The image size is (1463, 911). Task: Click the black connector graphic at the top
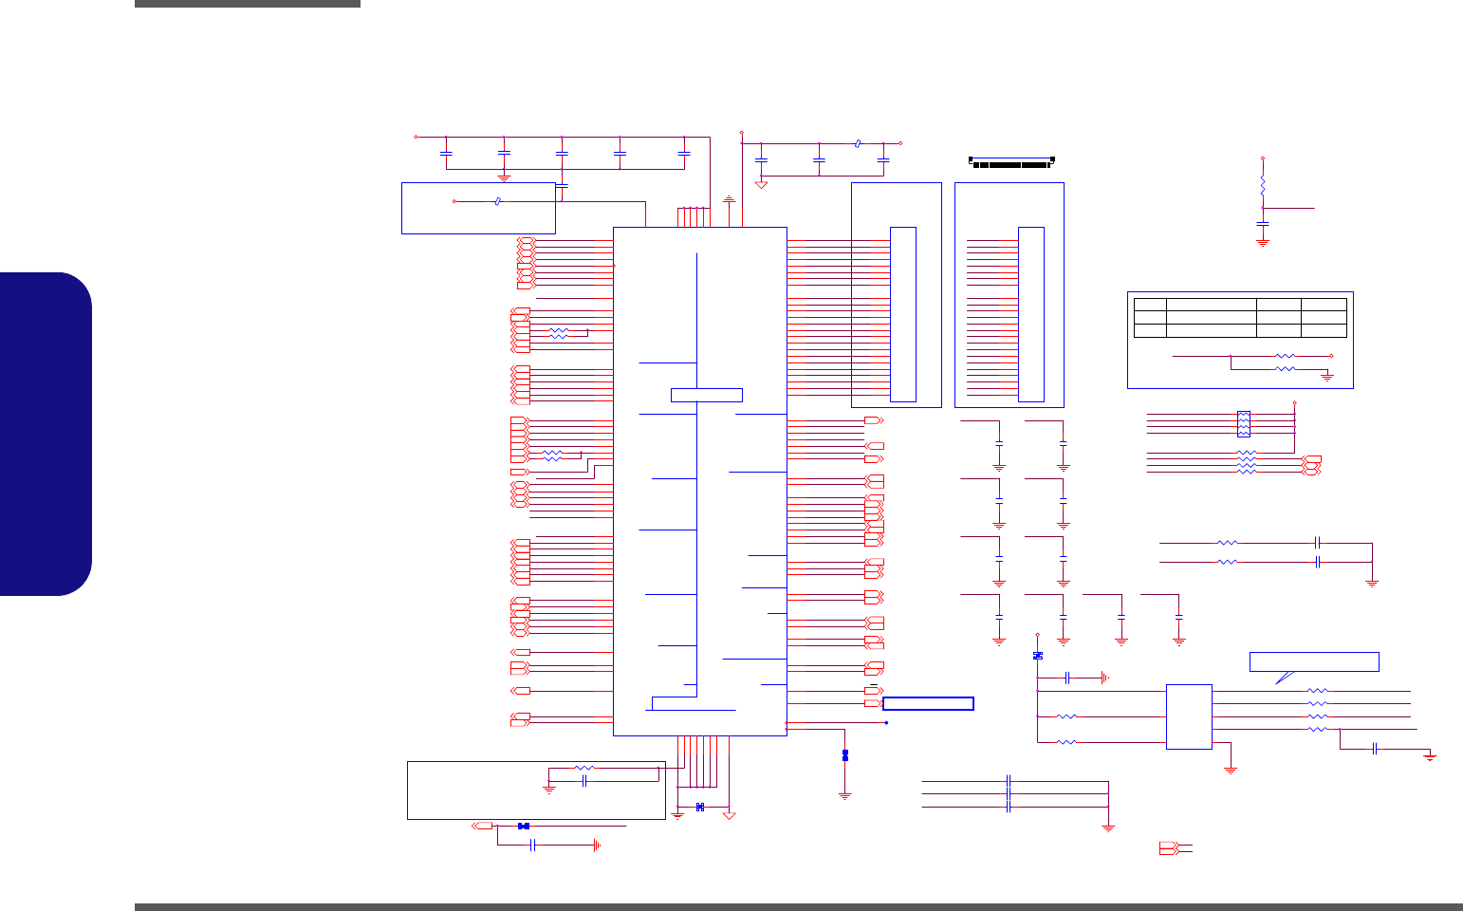1011,162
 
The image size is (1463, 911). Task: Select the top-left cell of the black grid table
1150,304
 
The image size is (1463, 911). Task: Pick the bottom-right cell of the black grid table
1324,330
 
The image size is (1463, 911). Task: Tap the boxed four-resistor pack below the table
1244,423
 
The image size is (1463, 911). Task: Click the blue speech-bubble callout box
1314,662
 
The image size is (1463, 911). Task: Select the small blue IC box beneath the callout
1189,716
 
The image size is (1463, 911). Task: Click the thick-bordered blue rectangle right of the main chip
928,703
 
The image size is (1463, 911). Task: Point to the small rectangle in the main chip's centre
706,395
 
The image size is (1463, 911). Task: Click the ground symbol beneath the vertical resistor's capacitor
1263,242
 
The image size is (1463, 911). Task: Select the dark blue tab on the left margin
46,434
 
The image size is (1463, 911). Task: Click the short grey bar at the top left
248,4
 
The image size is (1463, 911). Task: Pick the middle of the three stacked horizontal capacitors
1009,793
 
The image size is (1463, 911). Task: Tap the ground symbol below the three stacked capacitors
1108,828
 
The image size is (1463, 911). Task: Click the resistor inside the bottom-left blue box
584,768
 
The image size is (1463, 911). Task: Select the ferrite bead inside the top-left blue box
498,201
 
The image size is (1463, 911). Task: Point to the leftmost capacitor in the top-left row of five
447,152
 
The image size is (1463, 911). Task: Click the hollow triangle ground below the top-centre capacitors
761,184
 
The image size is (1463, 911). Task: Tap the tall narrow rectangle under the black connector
1030,314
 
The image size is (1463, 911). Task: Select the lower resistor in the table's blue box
1286,368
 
